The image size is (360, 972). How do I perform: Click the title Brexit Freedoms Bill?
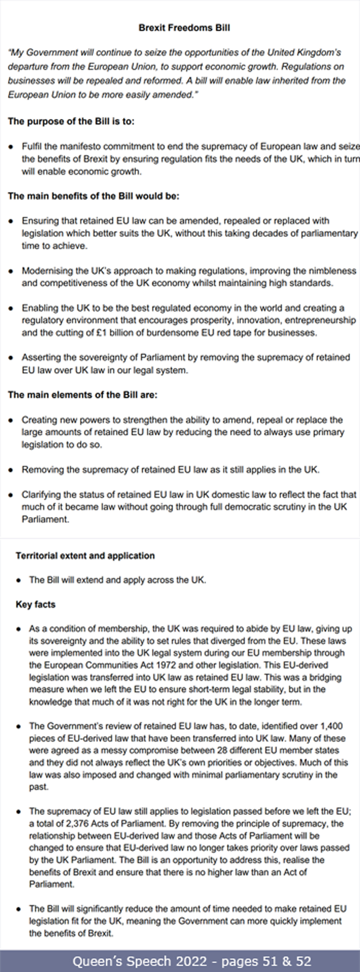coord(184,28)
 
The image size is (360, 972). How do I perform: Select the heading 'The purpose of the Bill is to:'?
coord(71,122)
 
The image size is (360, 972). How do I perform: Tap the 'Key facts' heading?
coord(36,604)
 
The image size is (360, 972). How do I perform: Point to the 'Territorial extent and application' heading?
coord(85,556)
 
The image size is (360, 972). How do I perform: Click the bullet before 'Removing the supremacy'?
coord(11,470)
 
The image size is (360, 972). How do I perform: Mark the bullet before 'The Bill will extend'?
coord(18,581)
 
